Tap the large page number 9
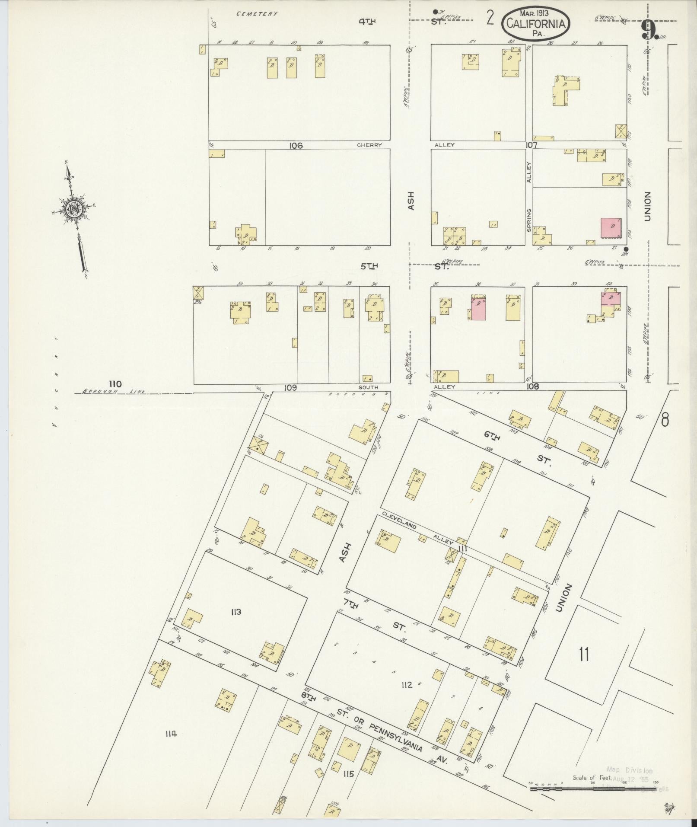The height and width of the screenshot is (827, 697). point(648,30)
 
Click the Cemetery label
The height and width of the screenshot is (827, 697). point(257,14)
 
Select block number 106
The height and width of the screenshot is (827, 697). point(296,146)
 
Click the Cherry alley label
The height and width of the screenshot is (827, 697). point(369,145)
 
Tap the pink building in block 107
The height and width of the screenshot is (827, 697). point(610,228)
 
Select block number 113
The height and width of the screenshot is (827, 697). point(236,612)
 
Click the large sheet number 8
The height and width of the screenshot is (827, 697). point(665,420)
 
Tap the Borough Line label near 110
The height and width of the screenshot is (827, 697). point(114,391)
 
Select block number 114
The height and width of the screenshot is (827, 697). point(171,733)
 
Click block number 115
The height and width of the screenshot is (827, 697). point(348,774)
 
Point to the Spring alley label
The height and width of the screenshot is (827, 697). point(529,221)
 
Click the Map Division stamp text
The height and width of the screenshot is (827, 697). point(630,770)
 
